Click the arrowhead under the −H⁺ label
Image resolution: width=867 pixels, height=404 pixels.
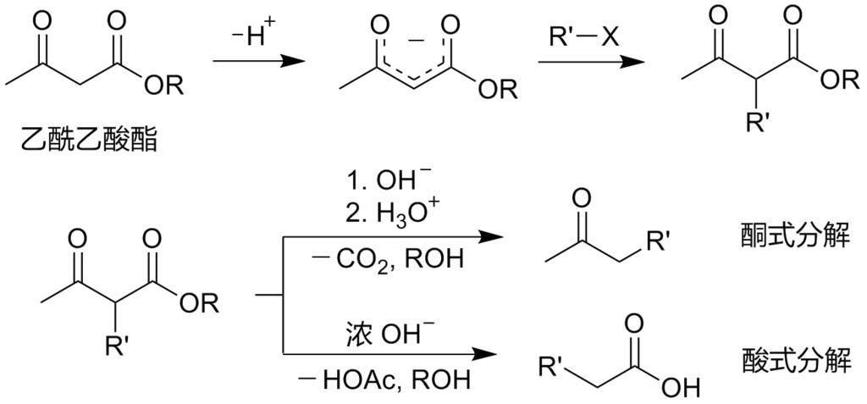292,62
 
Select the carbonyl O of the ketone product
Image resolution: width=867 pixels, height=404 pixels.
581,199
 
